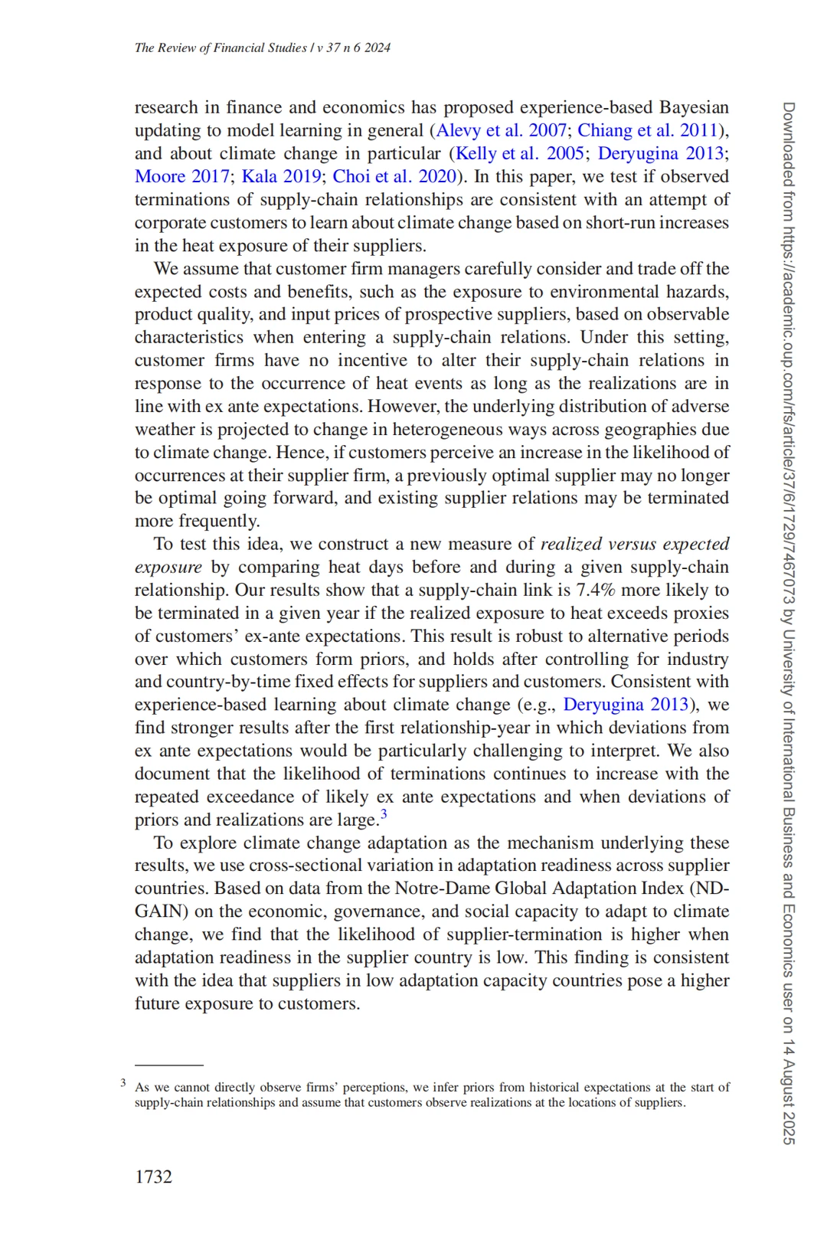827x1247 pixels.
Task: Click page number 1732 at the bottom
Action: pos(153,1177)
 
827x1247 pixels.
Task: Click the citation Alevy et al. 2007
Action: pos(502,130)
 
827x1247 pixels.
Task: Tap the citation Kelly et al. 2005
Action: pos(520,153)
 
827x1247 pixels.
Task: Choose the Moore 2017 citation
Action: pos(181,176)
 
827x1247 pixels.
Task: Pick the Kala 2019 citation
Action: pos(281,176)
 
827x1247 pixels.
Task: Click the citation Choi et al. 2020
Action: pos(394,176)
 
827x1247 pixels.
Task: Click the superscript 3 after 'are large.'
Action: pos(384,814)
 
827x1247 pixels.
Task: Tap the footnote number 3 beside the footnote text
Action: pos(123,1082)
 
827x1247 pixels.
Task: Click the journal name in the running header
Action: pos(221,47)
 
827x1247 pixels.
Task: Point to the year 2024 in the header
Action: pos(378,47)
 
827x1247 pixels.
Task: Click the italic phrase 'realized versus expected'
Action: pos(634,544)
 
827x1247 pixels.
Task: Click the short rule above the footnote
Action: pos(168,1065)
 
